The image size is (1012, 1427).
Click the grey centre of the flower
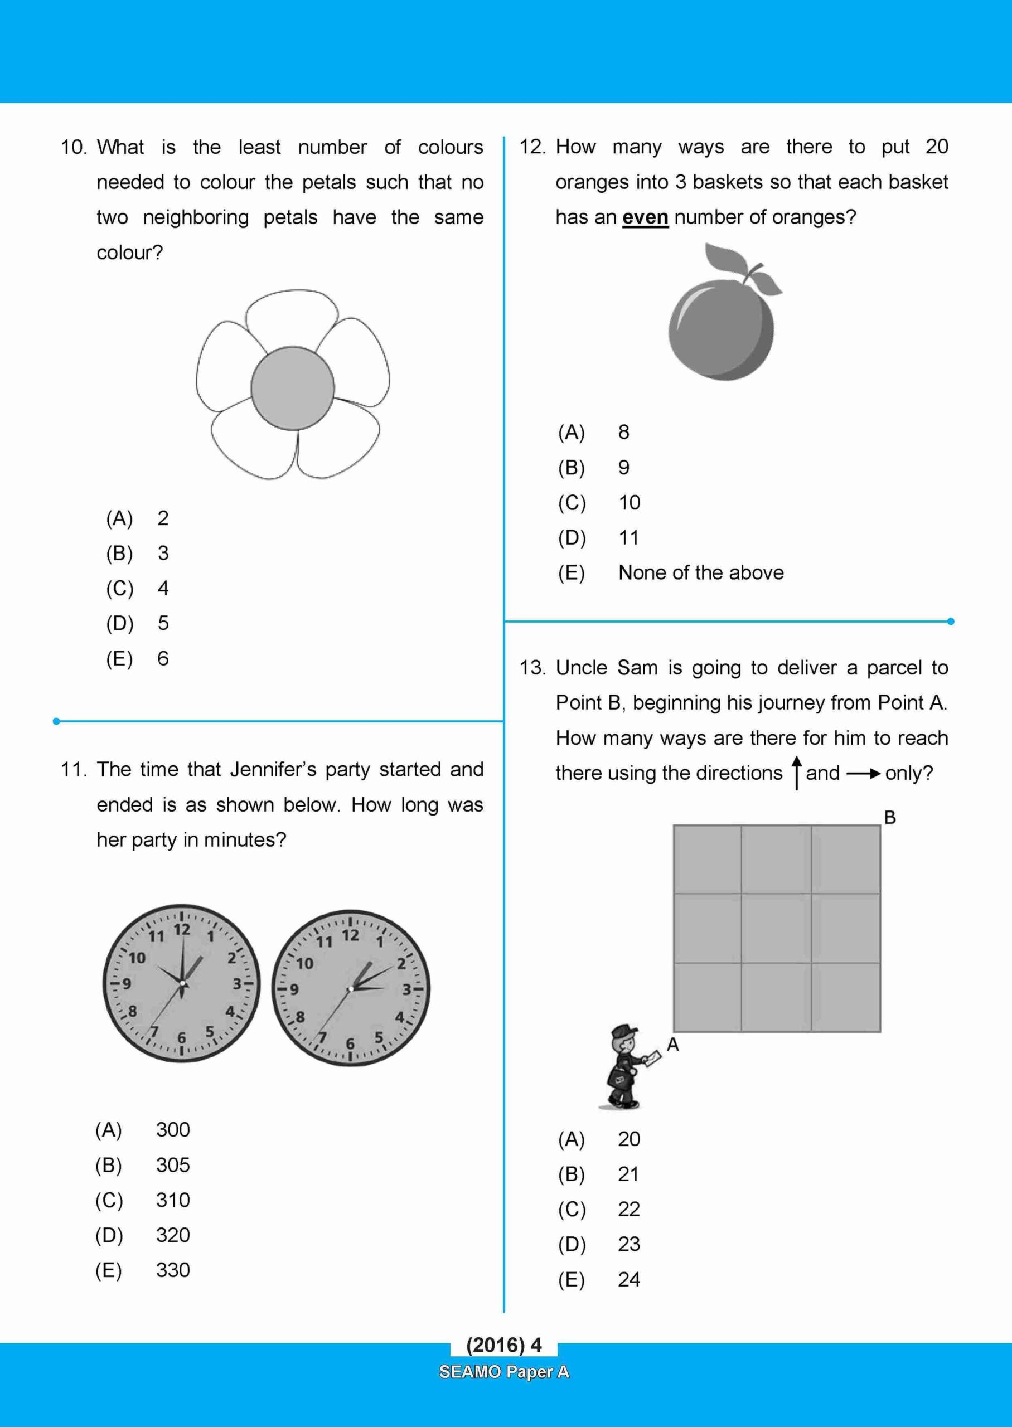292,388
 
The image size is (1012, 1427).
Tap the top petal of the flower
292,318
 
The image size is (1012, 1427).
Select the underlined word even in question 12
645,217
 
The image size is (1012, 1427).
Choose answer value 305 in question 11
173,1165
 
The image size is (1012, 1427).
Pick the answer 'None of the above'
700,572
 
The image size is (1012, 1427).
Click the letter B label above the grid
890,817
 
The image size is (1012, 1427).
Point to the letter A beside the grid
672,1045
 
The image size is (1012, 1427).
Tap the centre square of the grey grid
776,928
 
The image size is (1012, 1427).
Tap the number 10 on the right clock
305,964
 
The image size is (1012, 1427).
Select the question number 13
532,668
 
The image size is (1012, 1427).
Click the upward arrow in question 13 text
796,773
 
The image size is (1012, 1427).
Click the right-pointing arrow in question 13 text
863,774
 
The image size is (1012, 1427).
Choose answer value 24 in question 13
629,1279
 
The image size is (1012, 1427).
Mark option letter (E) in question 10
119,658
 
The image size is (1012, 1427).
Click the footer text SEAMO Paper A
503,1372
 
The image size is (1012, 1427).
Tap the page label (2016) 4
503,1345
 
